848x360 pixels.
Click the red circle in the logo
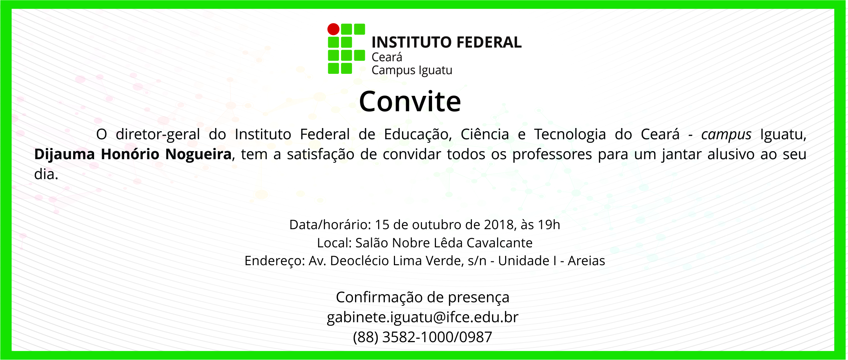(333, 29)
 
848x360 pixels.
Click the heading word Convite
(410, 101)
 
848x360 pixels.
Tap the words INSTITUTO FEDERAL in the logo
(446, 42)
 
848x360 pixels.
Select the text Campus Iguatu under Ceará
(412, 70)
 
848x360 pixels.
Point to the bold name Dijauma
(65, 154)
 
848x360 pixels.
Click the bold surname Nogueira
(198, 154)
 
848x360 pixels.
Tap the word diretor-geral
(158, 135)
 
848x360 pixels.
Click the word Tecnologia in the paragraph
(570, 135)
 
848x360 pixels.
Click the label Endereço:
(275, 261)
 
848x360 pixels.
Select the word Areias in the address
(586, 261)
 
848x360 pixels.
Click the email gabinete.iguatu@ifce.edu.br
(423, 317)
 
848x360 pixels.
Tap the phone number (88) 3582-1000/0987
(423, 337)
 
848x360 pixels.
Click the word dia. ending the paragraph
(46, 174)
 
